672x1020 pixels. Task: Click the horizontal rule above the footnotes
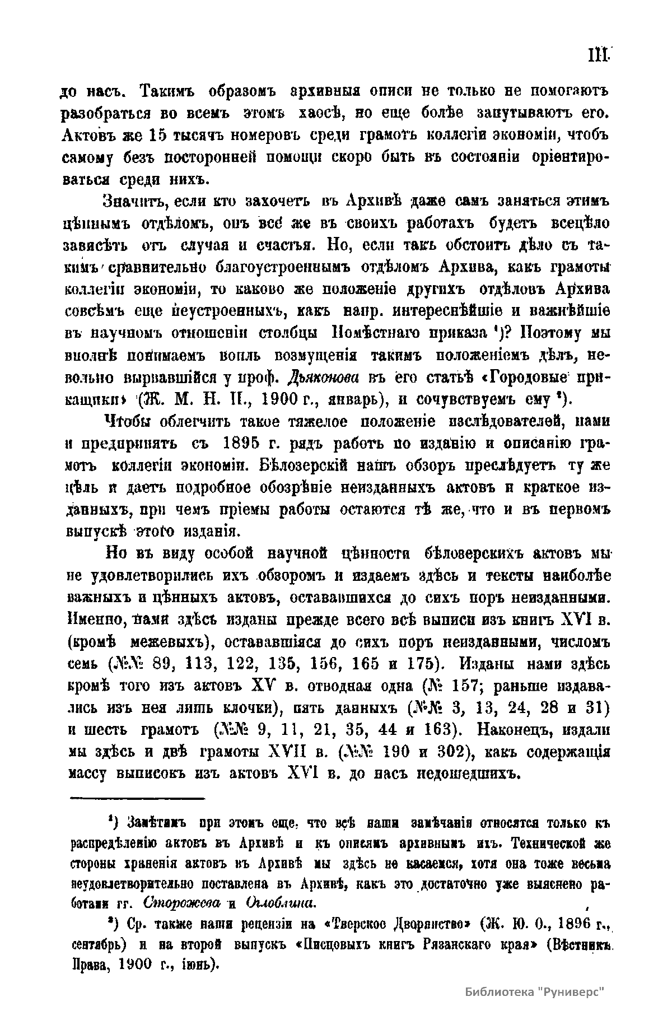click(x=137, y=798)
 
